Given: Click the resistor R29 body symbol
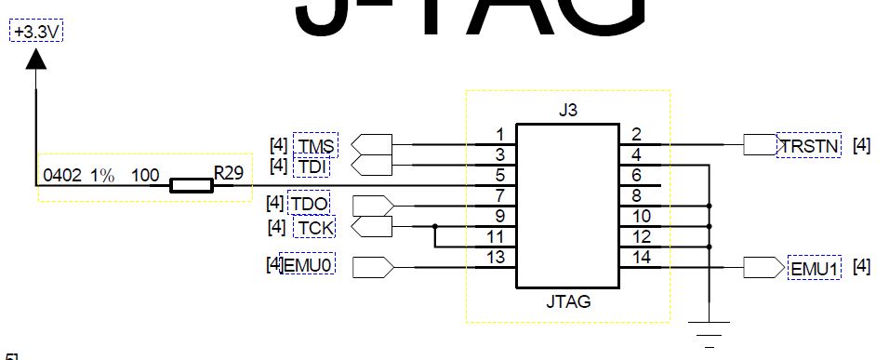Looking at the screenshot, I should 191,186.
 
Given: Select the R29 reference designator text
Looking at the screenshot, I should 228,173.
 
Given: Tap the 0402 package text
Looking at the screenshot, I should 61,175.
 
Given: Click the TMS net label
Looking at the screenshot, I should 316,145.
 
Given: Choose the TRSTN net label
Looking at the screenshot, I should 809,145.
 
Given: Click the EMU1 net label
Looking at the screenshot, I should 815,268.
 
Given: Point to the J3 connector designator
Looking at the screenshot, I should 568,111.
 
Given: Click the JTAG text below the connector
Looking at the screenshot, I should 568,302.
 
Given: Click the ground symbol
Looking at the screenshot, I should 710,327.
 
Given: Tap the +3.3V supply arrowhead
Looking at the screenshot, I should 35,60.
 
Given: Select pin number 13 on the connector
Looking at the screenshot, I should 498,257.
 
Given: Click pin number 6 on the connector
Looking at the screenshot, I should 636,175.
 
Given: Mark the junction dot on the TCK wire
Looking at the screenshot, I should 435,226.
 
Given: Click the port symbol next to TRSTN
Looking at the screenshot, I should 759,145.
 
